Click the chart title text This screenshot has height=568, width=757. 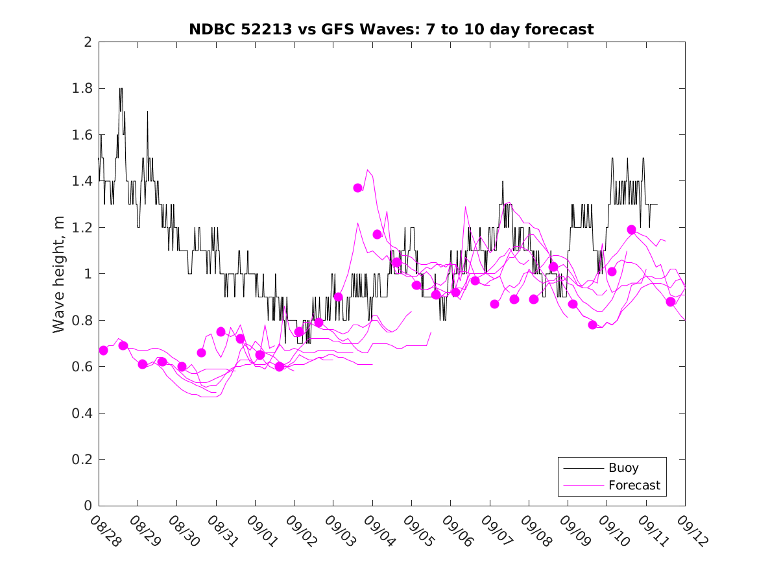[391, 29]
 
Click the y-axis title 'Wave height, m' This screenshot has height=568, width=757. [59, 275]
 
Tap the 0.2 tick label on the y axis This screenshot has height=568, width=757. [83, 460]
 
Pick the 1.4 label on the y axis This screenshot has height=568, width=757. [83, 181]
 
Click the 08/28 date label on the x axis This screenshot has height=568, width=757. [106, 532]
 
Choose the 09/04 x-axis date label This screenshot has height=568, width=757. [380, 532]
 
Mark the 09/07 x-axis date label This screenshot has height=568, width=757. [498, 532]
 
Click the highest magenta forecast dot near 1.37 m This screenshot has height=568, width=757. [357, 188]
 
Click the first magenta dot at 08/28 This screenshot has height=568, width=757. [103, 351]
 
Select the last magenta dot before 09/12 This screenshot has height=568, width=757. [671, 301]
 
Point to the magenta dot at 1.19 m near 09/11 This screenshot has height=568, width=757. [631, 230]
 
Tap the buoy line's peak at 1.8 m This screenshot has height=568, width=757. [121, 89]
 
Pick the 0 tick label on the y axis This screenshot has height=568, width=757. [88, 506]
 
